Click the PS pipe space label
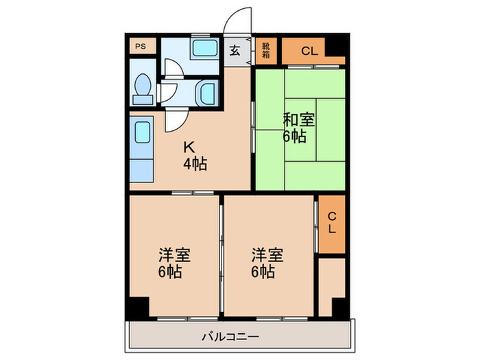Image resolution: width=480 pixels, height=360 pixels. [140, 47]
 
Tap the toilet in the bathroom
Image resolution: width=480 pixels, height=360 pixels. [143, 88]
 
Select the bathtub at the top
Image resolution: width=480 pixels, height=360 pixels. [203, 49]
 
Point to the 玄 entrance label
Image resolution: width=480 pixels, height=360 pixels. [235, 50]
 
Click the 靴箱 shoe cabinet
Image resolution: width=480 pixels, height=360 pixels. [265, 50]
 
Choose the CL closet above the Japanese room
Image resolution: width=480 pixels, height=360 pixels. [309, 50]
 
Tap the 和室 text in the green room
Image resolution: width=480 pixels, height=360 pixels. [299, 119]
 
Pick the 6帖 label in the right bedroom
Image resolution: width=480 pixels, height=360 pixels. [263, 272]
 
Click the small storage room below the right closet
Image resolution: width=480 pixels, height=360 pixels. [331, 277]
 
